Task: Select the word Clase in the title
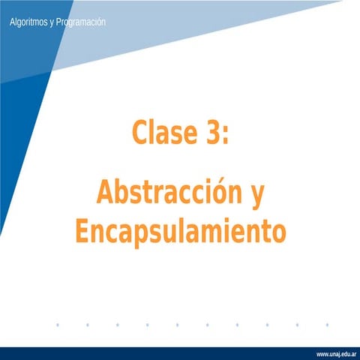click(164, 134)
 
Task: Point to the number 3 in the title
click(211, 134)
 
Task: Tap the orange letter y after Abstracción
click(256, 196)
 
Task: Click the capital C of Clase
click(140, 134)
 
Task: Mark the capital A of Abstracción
click(105, 193)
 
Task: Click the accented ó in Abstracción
click(218, 193)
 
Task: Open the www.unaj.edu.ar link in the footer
click(336, 352)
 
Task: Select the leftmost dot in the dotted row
click(58, 325)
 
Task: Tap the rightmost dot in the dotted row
click(328, 325)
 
